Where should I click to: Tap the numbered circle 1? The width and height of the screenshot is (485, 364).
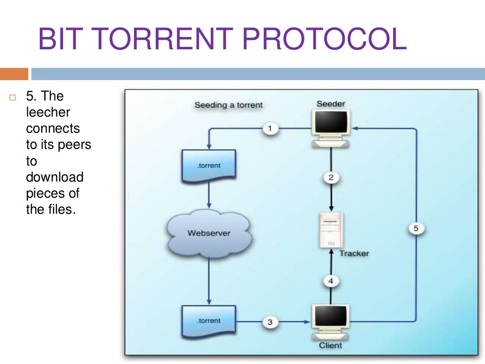(x=270, y=128)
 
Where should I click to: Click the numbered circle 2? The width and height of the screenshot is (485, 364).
(x=331, y=178)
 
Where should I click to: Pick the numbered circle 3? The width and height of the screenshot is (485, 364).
(x=270, y=322)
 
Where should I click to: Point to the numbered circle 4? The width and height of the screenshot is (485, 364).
(x=331, y=281)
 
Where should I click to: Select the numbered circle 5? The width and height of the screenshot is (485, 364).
(x=416, y=229)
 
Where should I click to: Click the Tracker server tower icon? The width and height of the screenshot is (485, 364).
(x=331, y=230)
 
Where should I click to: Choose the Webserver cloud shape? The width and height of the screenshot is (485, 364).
(x=208, y=233)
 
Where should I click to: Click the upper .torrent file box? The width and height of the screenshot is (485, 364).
(x=209, y=166)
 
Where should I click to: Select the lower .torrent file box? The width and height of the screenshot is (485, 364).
(x=209, y=321)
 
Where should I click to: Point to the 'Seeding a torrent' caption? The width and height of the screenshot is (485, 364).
(x=228, y=105)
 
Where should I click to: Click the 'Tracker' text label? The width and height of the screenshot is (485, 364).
(x=354, y=254)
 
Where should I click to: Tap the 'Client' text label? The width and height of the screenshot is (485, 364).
(x=330, y=346)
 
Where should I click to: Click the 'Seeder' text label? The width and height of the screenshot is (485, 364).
(x=331, y=104)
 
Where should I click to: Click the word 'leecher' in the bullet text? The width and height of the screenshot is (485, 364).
(x=48, y=112)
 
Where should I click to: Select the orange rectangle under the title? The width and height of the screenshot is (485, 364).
(x=14, y=74)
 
